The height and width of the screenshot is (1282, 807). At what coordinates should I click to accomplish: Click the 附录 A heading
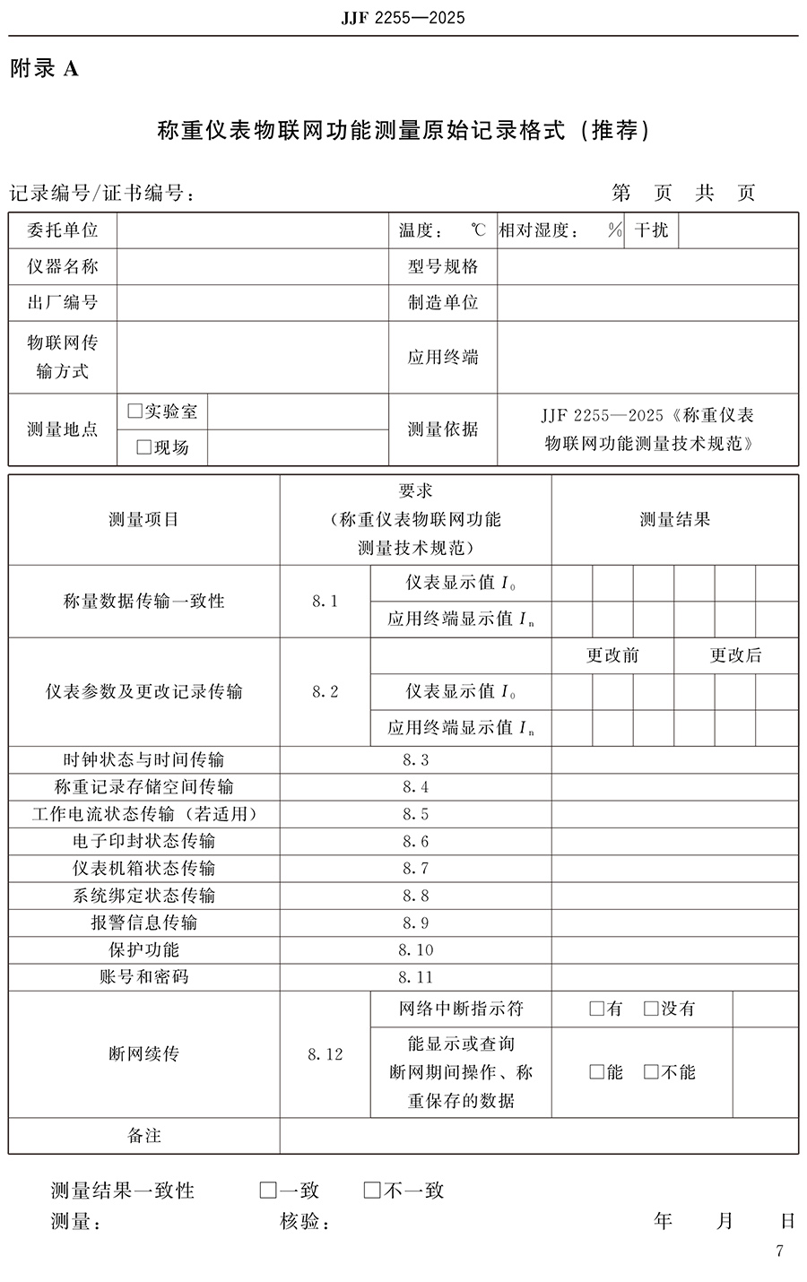click(44, 68)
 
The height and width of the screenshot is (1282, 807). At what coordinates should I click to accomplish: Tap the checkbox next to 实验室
click(135, 411)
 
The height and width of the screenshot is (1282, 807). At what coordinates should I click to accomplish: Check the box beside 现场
click(143, 447)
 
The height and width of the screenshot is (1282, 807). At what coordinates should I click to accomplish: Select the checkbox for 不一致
click(372, 1191)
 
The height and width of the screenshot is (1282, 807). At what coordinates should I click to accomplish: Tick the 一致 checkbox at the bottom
click(267, 1191)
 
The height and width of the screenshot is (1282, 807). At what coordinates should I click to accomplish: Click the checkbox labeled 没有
click(651, 1009)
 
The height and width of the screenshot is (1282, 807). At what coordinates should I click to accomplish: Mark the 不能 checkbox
click(651, 1072)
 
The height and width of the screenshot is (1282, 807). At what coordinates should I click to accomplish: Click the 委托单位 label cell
click(63, 230)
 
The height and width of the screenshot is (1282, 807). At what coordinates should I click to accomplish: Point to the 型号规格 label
click(443, 266)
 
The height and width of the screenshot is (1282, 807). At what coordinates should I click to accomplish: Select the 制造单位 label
click(443, 302)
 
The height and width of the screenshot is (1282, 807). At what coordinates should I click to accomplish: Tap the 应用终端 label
click(443, 357)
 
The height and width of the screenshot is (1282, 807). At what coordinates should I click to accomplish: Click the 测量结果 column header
click(674, 519)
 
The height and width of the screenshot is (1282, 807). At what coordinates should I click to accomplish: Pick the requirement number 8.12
click(325, 1054)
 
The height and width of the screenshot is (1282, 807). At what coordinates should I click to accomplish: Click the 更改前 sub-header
click(612, 655)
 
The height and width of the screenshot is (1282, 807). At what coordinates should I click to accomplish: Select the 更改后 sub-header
click(735, 655)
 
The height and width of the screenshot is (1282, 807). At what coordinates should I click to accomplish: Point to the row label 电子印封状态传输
click(143, 841)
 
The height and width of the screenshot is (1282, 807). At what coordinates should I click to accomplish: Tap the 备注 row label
click(143, 1136)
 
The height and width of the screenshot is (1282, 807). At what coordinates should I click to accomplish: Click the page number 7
click(779, 1252)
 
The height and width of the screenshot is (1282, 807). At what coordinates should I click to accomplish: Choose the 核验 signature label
click(305, 1221)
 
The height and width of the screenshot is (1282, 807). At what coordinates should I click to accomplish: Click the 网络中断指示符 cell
click(461, 1009)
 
